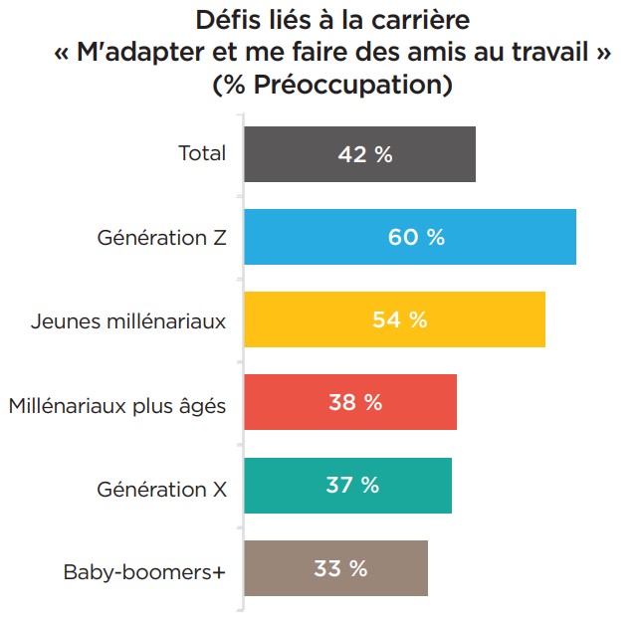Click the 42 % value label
(365, 154)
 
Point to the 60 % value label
(416, 237)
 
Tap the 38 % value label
(355, 402)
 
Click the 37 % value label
(352, 486)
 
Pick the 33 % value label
(340, 568)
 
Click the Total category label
(202, 153)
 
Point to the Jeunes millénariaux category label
(128, 320)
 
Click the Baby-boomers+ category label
(145, 571)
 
